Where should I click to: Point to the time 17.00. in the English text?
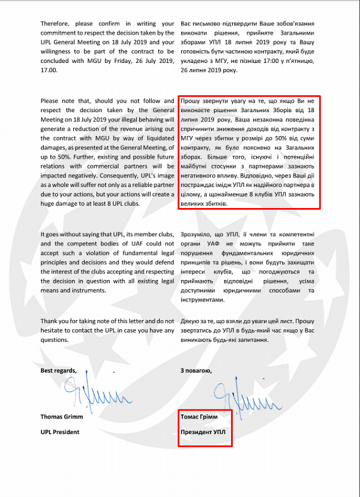50,70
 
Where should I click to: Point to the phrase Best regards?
59,370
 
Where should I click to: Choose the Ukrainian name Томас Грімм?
201,416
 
